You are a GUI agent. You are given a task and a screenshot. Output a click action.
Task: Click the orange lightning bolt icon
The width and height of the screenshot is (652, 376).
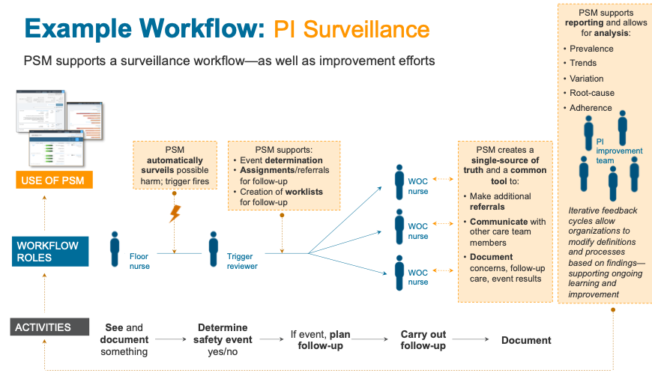pos(175,213)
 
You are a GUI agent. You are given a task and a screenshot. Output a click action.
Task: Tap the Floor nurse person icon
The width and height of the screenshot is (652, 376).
pos(115,249)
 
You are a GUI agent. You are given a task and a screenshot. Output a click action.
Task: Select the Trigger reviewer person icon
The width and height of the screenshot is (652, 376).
pos(213,249)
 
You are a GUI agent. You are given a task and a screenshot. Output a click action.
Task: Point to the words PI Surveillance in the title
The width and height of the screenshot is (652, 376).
pos(351,29)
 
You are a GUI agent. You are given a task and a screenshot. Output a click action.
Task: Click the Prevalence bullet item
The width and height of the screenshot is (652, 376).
pos(591,49)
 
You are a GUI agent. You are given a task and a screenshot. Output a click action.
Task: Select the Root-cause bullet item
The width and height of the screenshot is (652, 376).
pos(591,93)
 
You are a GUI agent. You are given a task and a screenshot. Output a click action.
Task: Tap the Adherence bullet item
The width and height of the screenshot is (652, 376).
pos(591,108)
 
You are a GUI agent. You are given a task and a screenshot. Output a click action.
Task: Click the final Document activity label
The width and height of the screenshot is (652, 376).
pos(526,340)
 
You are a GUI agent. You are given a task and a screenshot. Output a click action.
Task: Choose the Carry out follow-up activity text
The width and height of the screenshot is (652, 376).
pos(423,340)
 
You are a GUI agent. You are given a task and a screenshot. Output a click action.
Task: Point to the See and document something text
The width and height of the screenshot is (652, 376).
pos(124,339)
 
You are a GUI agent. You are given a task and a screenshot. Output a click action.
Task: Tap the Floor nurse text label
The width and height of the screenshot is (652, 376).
pos(139,261)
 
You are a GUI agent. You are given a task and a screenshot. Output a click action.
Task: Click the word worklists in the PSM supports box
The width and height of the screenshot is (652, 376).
pos(304,192)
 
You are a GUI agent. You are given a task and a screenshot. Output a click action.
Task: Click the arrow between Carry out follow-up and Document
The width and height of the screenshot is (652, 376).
pos(472,340)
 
